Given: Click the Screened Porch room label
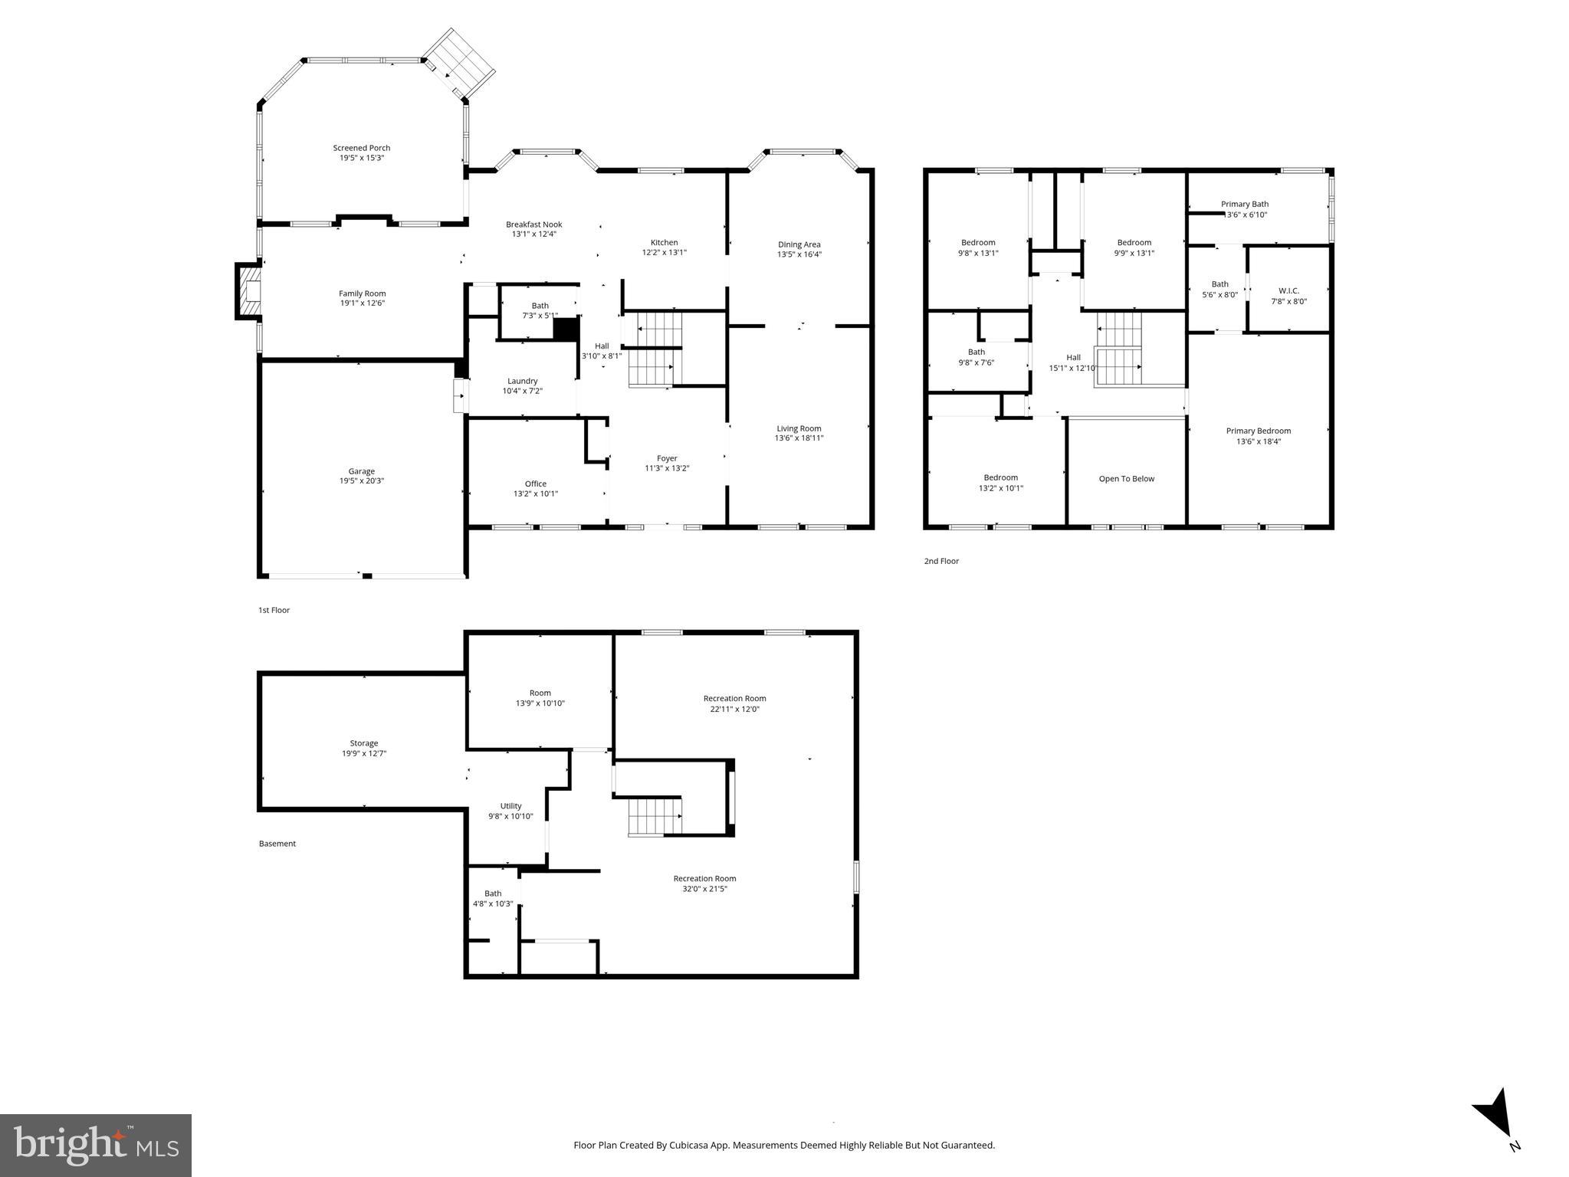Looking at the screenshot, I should pyautogui.click(x=361, y=148).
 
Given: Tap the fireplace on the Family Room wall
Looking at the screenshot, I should pyautogui.click(x=249, y=291).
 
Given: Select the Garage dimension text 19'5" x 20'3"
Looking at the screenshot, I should pyautogui.click(x=362, y=481).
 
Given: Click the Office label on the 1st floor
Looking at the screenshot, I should pyautogui.click(x=535, y=484).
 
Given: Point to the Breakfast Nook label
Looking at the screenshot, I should pyautogui.click(x=533, y=225).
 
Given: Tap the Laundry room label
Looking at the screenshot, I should pyautogui.click(x=522, y=381).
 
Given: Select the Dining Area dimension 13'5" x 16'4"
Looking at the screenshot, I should pyautogui.click(x=799, y=254).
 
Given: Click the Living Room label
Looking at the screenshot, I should pyautogui.click(x=799, y=428).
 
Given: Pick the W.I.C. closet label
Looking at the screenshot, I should pyautogui.click(x=1288, y=290).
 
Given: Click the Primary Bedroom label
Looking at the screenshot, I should pyautogui.click(x=1258, y=431).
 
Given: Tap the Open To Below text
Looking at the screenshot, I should pyautogui.click(x=1126, y=479).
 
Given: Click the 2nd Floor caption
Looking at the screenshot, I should pyautogui.click(x=941, y=561).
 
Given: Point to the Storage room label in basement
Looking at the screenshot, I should pyautogui.click(x=363, y=743).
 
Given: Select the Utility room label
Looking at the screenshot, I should pyautogui.click(x=510, y=805).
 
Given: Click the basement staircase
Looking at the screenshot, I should pyautogui.click(x=655, y=816).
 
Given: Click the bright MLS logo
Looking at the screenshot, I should pyautogui.click(x=96, y=1145).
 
